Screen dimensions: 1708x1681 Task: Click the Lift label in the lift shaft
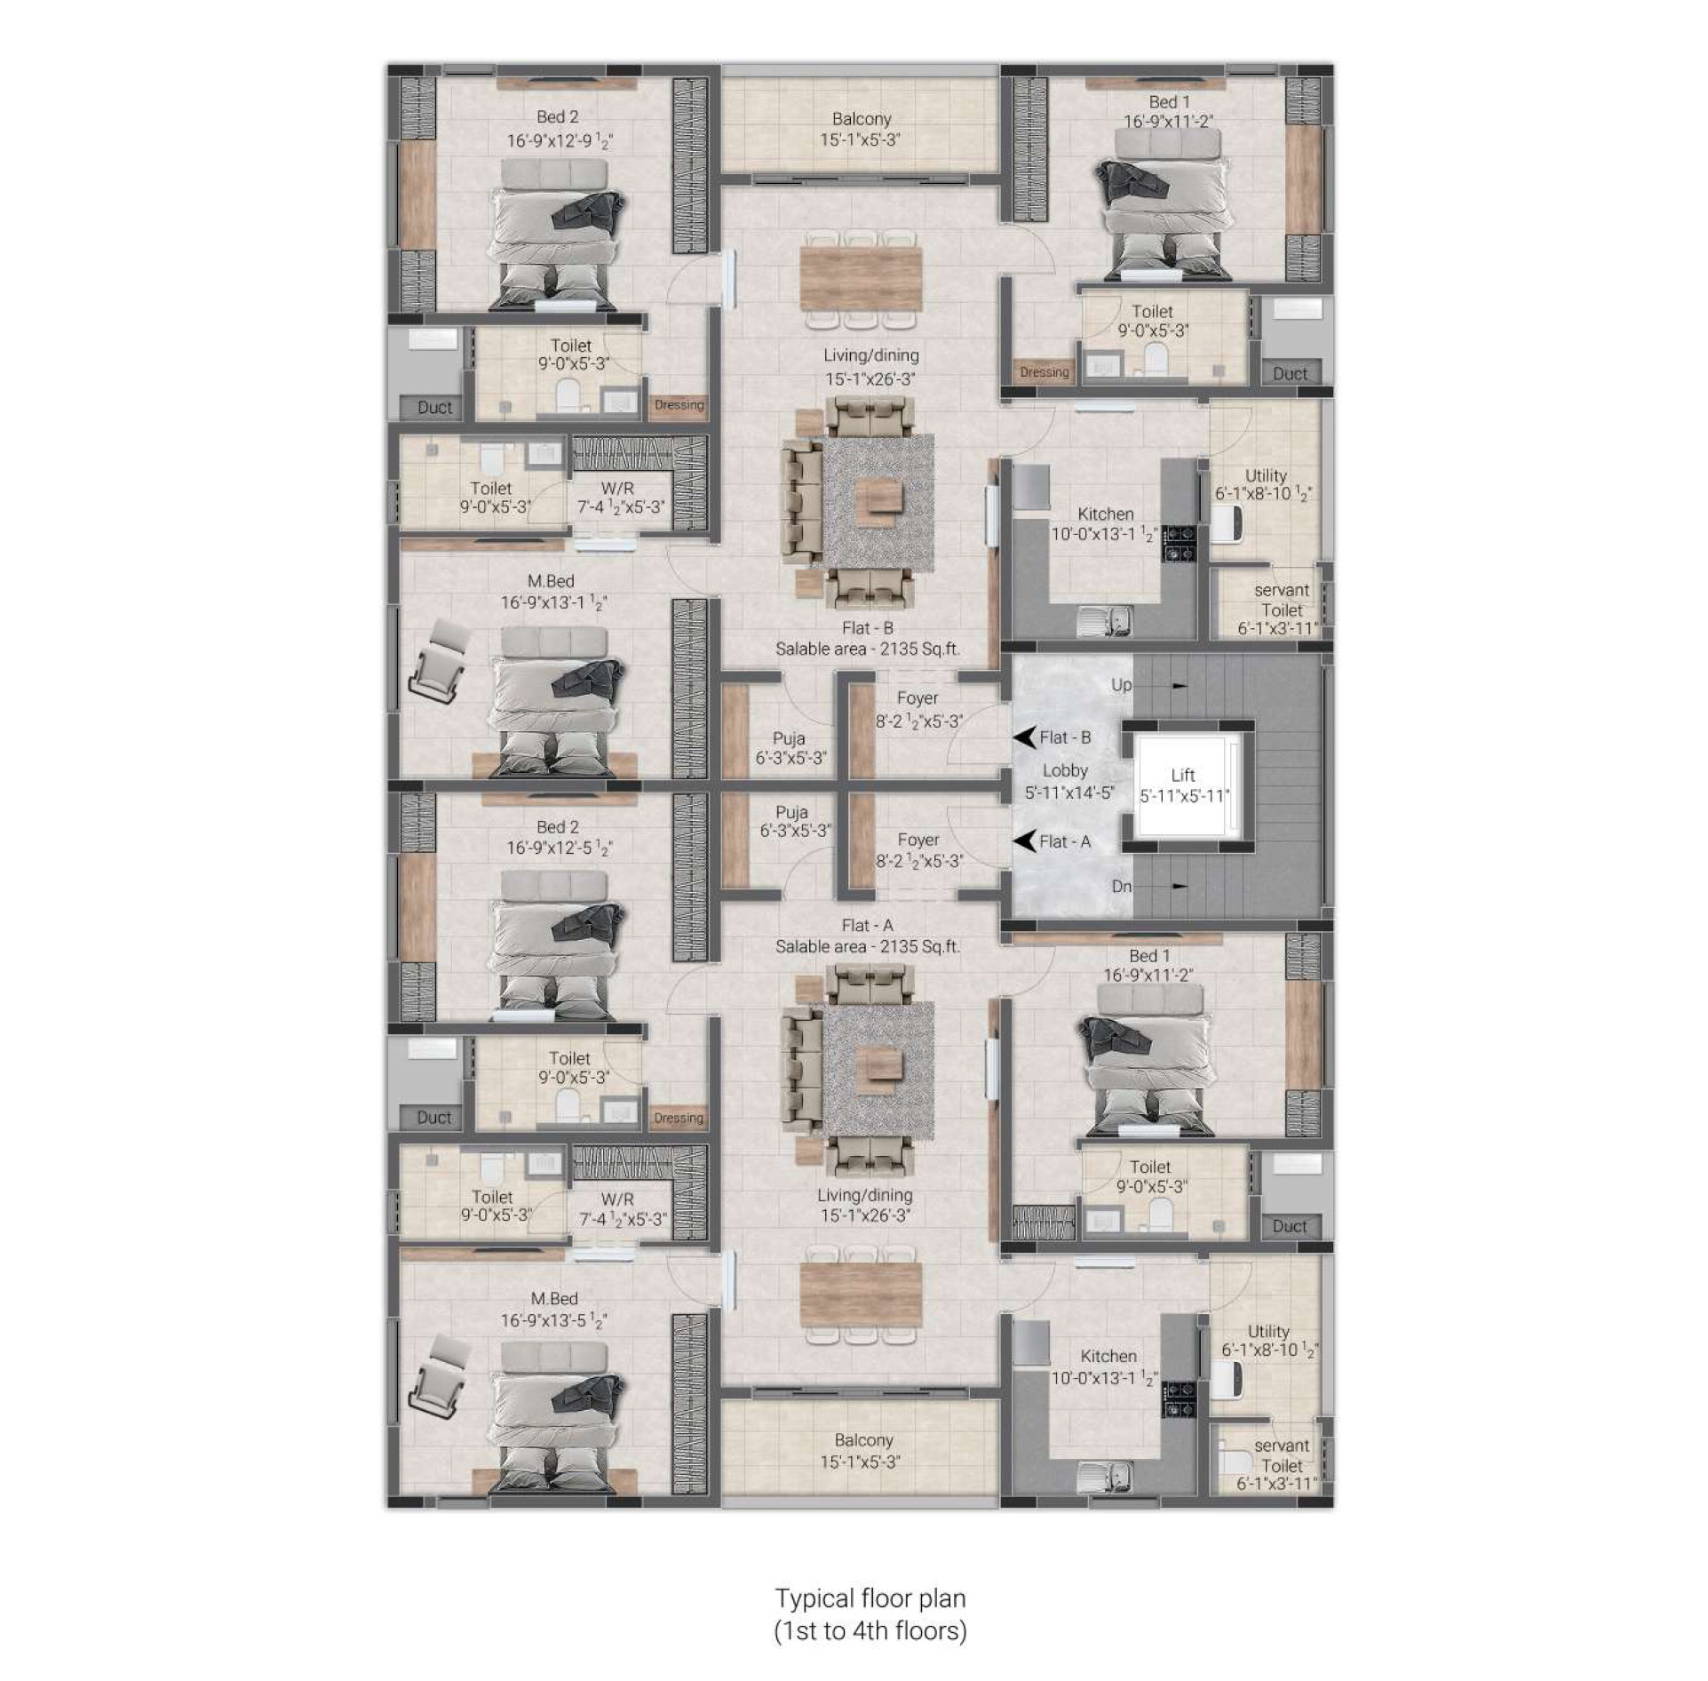click(x=1182, y=776)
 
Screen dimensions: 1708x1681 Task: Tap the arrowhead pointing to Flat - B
click(x=1025, y=737)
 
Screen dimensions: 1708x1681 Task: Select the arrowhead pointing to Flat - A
click(x=1025, y=840)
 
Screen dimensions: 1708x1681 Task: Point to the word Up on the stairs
click(x=1121, y=686)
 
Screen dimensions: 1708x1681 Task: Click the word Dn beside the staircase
click(x=1121, y=886)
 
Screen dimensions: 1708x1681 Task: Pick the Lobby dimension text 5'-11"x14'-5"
click(x=1068, y=793)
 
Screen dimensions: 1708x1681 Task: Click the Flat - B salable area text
click(x=868, y=649)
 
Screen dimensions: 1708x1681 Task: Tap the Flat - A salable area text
click(x=868, y=947)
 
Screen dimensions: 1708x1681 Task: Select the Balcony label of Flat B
click(x=862, y=119)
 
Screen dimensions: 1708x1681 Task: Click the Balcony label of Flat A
click(x=863, y=1440)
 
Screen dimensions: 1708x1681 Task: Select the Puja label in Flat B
click(x=789, y=738)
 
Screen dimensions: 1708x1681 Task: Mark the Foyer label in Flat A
click(x=918, y=840)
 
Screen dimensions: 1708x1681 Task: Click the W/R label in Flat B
click(x=617, y=489)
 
